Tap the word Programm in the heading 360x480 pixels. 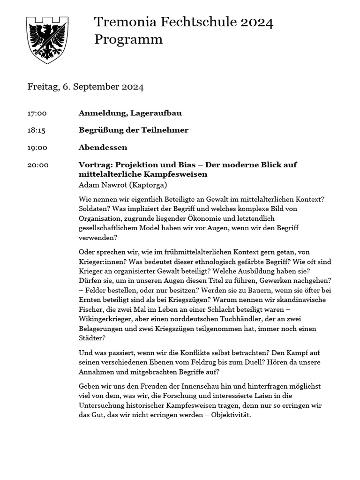(128, 39)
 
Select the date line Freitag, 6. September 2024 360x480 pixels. (85, 87)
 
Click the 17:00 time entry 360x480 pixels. (37, 113)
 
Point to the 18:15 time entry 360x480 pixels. (37, 130)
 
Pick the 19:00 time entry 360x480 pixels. (37, 148)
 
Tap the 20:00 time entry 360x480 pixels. (37, 165)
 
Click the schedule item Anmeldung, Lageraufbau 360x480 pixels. (130, 113)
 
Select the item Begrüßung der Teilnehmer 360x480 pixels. (133, 130)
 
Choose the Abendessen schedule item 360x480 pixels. (103, 148)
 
